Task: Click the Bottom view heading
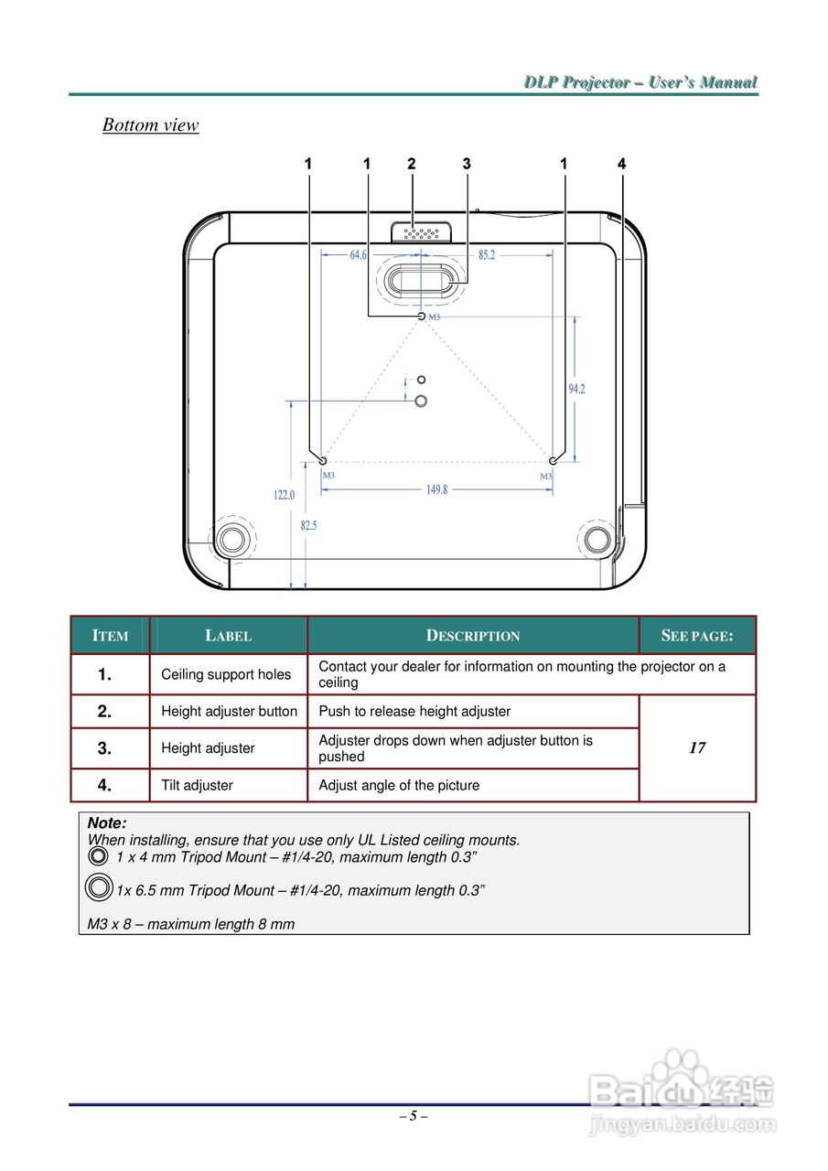coord(150,125)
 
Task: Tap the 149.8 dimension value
coord(437,489)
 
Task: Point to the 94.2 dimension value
coord(576,389)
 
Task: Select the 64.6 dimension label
coord(359,255)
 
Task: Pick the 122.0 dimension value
coord(285,495)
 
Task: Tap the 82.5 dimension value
coord(308,525)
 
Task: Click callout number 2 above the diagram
coord(412,164)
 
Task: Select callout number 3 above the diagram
coord(467,164)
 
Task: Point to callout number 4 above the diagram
coord(622,164)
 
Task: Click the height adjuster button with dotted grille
coord(420,231)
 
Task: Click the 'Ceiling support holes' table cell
coord(226,674)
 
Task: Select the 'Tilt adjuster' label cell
coord(197,785)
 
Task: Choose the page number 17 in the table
coord(697,748)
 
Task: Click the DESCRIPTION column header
coord(473,636)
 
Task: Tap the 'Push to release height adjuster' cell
coord(414,711)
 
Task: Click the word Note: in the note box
coord(107,823)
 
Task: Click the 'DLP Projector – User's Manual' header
coord(640,82)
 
